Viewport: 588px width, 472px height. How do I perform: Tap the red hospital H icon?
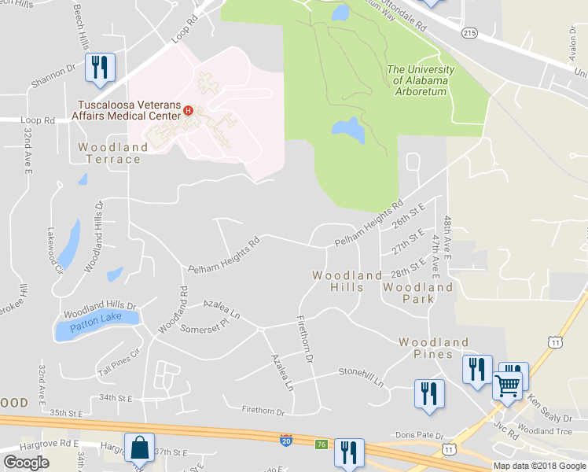189,109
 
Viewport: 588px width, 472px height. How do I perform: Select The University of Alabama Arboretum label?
417,80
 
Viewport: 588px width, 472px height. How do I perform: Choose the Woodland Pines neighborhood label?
433,348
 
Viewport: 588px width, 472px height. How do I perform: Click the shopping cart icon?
508,385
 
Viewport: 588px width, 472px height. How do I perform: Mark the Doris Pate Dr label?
420,435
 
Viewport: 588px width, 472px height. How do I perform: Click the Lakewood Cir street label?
54,251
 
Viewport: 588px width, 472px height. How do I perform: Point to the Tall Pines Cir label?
118,352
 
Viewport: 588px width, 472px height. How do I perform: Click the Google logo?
27,462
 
